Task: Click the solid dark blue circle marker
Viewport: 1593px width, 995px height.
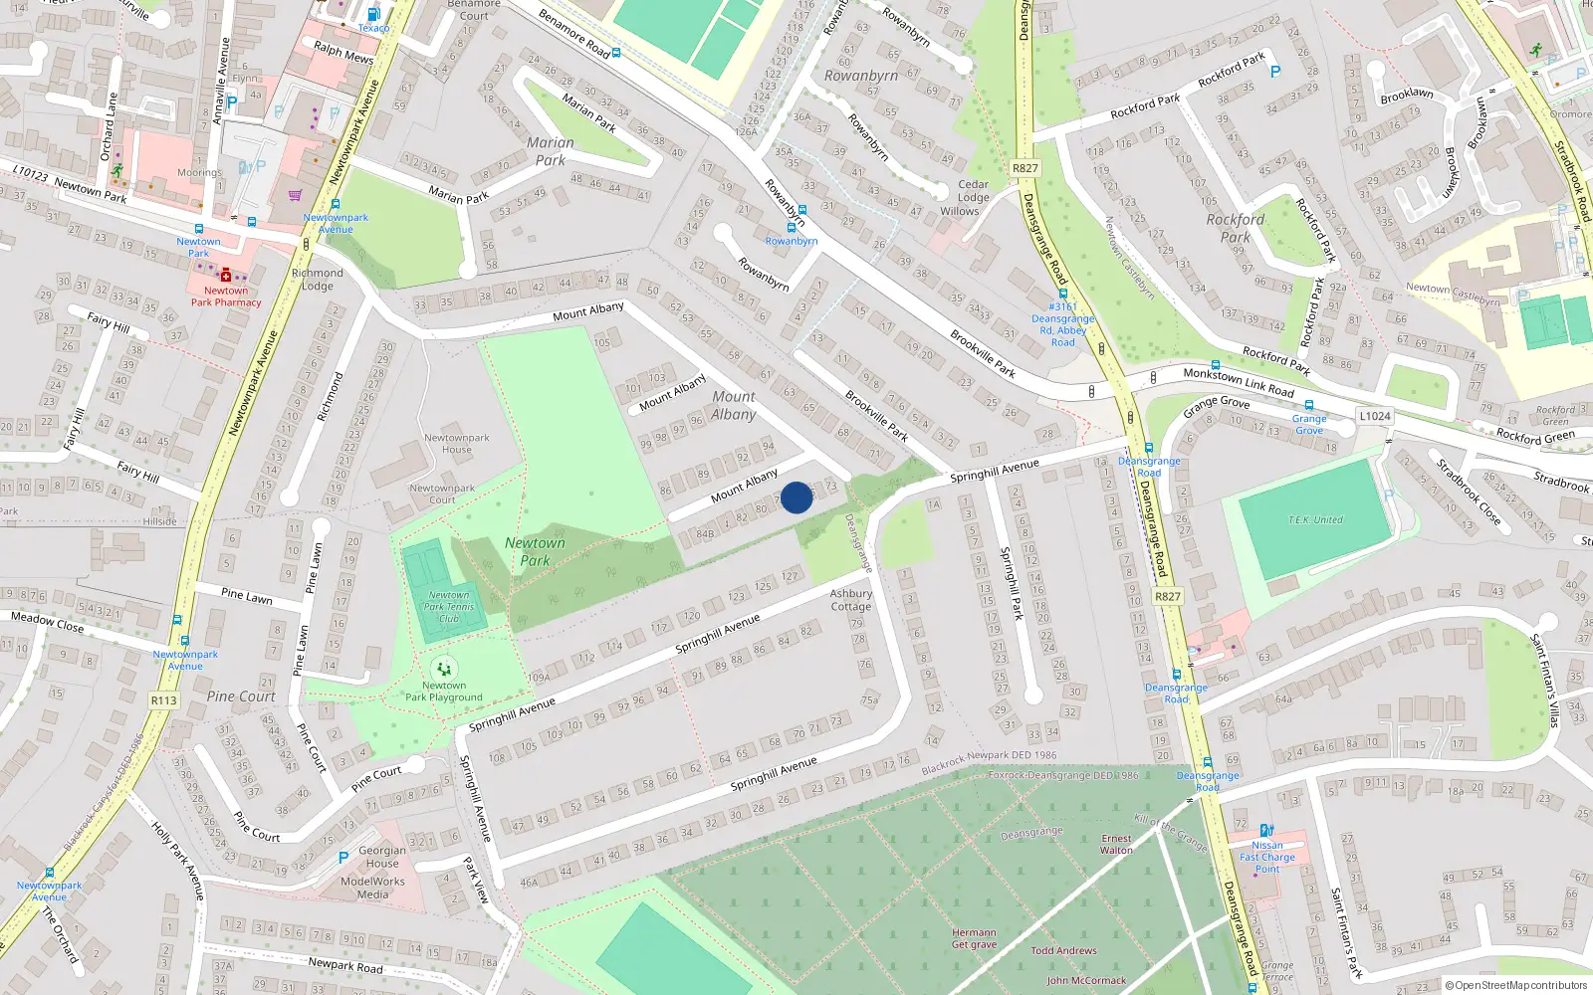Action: click(x=796, y=497)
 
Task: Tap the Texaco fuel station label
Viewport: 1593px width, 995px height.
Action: click(x=373, y=28)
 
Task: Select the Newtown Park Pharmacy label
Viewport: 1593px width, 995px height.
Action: click(x=226, y=297)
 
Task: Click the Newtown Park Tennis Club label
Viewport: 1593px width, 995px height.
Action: click(x=449, y=606)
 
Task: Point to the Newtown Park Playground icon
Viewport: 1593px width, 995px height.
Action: click(x=444, y=669)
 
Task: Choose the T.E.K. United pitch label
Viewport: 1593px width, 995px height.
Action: click(x=1315, y=520)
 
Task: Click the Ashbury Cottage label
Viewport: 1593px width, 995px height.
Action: click(x=851, y=600)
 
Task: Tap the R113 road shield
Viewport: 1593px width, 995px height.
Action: click(x=163, y=700)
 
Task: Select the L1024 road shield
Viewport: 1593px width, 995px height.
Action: click(x=1374, y=416)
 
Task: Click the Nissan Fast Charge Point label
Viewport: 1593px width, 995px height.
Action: click(x=1267, y=857)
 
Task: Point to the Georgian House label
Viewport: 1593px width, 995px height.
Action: click(x=382, y=857)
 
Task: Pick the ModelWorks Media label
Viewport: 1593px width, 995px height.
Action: click(x=372, y=888)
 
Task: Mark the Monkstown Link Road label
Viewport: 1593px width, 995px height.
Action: click(x=1239, y=383)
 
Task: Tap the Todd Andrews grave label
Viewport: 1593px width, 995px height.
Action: click(x=1063, y=950)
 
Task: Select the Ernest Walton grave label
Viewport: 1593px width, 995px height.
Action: click(x=1116, y=844)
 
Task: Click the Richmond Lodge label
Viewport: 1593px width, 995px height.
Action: click(x=318, y=280)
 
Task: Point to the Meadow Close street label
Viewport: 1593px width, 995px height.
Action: click(x=47, y=622)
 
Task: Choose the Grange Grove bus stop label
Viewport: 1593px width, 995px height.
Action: click(x=1309, y=425)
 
